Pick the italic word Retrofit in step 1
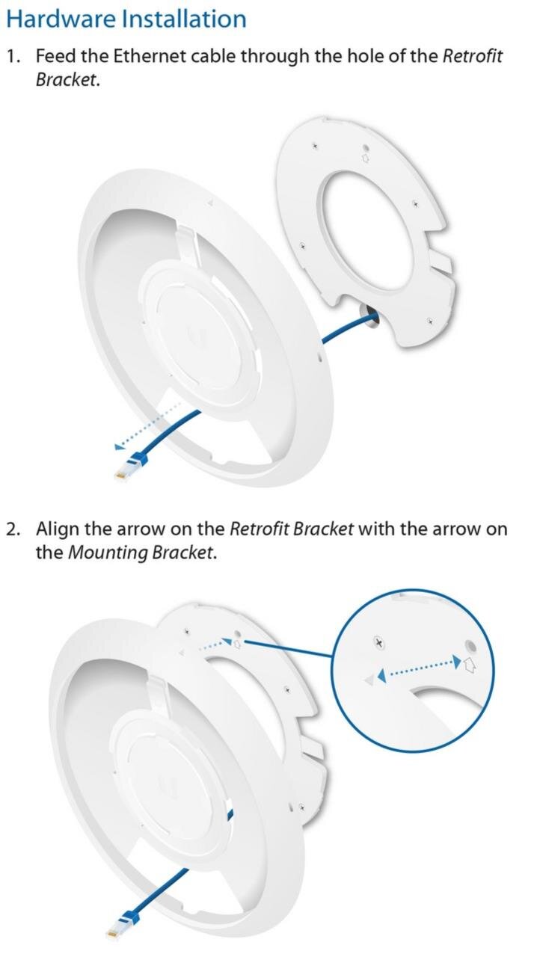(473, 56)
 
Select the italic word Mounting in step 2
(108, 553)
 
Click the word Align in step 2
(58, 529)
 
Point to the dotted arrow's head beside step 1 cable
(119, 446)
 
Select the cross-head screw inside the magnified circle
(379, 642)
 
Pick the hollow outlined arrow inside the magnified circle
(470, 665)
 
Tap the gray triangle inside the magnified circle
(369, 680)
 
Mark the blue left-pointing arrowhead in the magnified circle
(381, 675)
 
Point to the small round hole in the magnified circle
(470, 644)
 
